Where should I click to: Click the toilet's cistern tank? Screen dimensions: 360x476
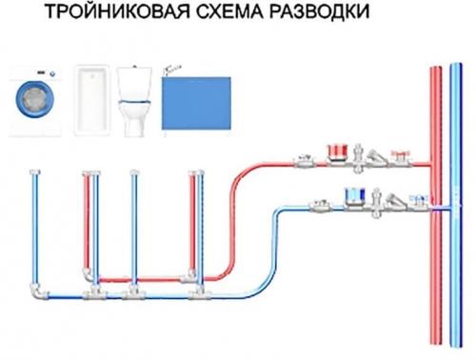point(136,77)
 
